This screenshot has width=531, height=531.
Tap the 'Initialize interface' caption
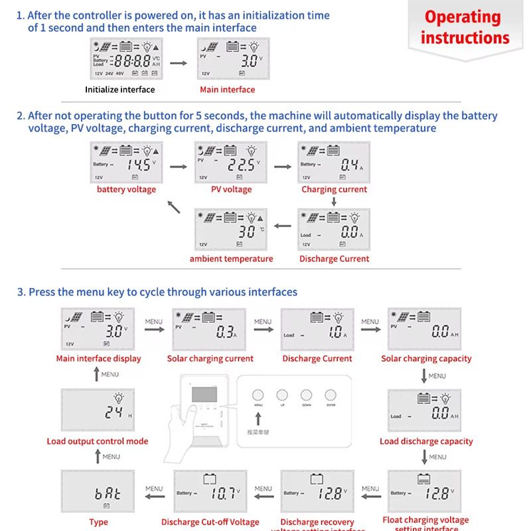(x=119, y=90)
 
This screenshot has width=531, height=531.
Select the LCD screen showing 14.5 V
(x=126, y=162)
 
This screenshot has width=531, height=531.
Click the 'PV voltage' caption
(x=231, y=190)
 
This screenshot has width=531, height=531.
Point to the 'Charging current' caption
(x=334, y=190)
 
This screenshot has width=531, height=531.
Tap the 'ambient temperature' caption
(x=231, y=259)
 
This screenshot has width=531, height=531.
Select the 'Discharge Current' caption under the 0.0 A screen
(x=334, y=259)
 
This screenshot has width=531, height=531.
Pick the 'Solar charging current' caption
(x=210, y=359)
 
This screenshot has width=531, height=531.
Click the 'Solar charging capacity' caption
(x=426, y=359)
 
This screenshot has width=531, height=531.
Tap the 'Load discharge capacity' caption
(x=426, y=441)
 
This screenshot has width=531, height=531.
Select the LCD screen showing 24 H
(x=98, y=410)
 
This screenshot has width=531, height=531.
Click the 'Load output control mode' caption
(x=98, y=441)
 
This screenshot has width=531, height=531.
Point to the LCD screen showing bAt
(x=98, y=492)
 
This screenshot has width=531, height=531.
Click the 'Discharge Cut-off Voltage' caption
(x=210, y=522)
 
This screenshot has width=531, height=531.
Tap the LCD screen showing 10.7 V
(x=210, y=492)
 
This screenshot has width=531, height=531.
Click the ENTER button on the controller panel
(x=331, y=395)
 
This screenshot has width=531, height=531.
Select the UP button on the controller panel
(x=283, y=395)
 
